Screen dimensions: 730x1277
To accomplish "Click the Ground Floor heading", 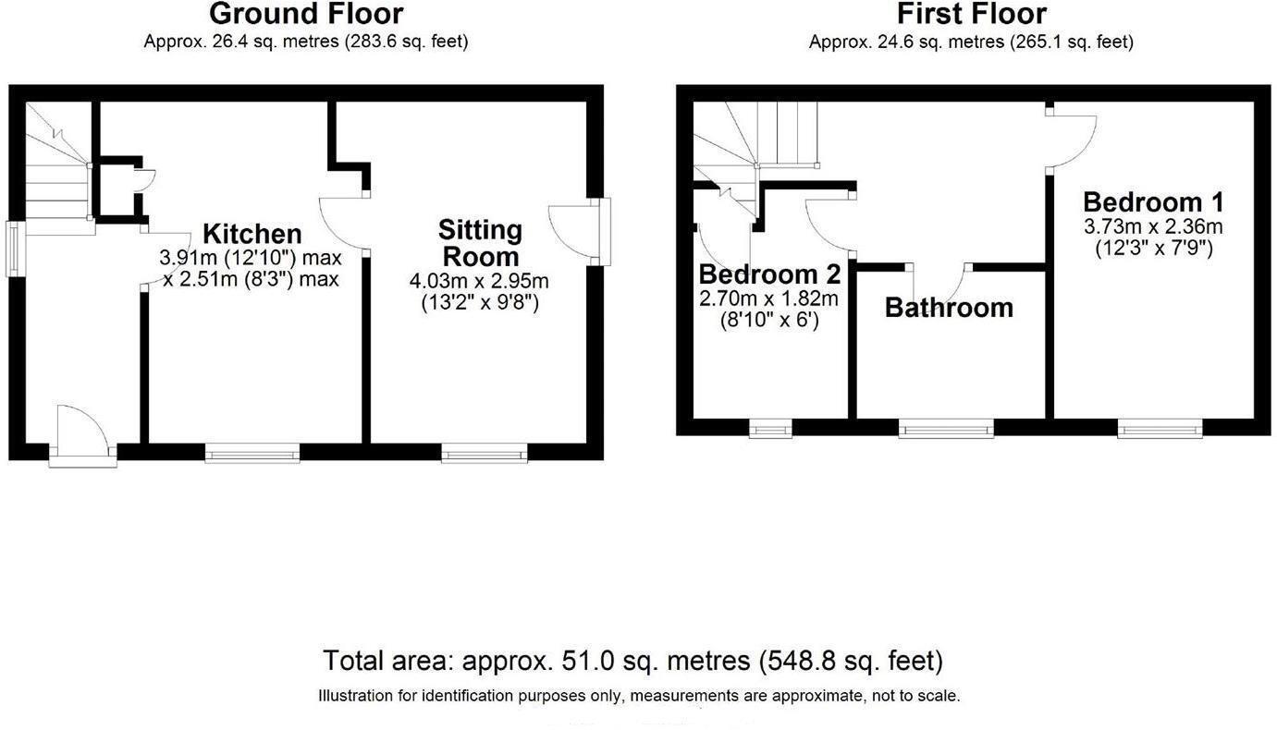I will (x=306, y=15).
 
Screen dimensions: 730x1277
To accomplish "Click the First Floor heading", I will (x=971, y=15).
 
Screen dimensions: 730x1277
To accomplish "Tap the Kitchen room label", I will (x=252, y=234).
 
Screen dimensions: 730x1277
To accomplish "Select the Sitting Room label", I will (x=479, y=242).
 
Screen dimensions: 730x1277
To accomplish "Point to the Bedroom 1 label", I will (x=1153, y=201).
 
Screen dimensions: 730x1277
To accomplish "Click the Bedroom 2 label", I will (x=769, y=274).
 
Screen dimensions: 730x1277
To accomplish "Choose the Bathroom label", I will (x=949, y=308).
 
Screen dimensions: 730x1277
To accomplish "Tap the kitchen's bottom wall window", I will (x=252, y=452).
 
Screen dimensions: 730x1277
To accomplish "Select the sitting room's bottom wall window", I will (x=485, y=452).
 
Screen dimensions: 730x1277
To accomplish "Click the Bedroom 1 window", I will (x=1160, y=427).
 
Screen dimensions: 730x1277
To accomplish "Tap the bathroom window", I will (x=946, y=427).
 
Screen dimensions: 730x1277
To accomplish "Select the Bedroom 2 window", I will (x=770, y=427).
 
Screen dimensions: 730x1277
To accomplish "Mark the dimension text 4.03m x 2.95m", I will (x=479, y=280).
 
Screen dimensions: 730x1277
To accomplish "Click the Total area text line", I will (x=632, y=662).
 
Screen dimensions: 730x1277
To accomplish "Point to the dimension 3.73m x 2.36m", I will (x=1153, y=226).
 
